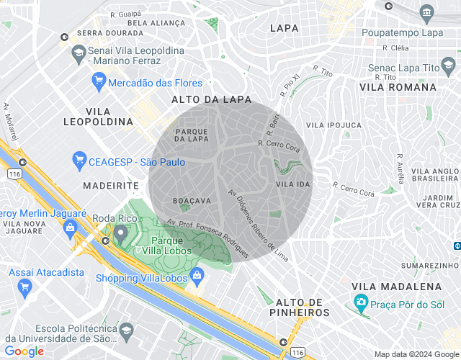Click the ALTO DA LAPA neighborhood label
tap(212, 99)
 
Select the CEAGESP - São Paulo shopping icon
tap(79, 159)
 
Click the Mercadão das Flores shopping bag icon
tap(99, 83)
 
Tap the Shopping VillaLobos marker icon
tap(196, 274)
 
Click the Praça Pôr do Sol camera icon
tap(361, 302)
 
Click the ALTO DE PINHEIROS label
tap(303, 307)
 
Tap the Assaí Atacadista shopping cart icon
tap(25, 287)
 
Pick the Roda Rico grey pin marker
tap(119, 233)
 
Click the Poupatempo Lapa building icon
tap(427, 12)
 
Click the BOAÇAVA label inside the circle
tap(192, 200)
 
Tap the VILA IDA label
tap(292, 185)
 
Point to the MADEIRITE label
tap(110, 185)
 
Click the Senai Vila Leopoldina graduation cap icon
tap(77, 53)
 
